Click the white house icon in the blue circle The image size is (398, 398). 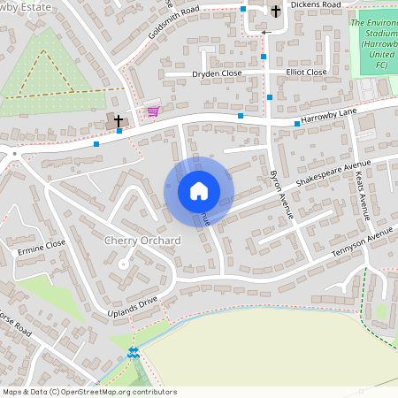[199, 190]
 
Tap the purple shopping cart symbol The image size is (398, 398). [154, 111]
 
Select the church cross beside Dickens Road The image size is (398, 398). [276, 11]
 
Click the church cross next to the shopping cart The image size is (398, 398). [115, 120]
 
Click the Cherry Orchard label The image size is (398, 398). [142, 241]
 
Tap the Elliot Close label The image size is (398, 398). [305, 72]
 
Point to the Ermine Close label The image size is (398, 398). [42, 245]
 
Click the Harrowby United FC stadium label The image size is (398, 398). [374, 42]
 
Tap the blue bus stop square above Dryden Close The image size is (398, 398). [264, 57]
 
